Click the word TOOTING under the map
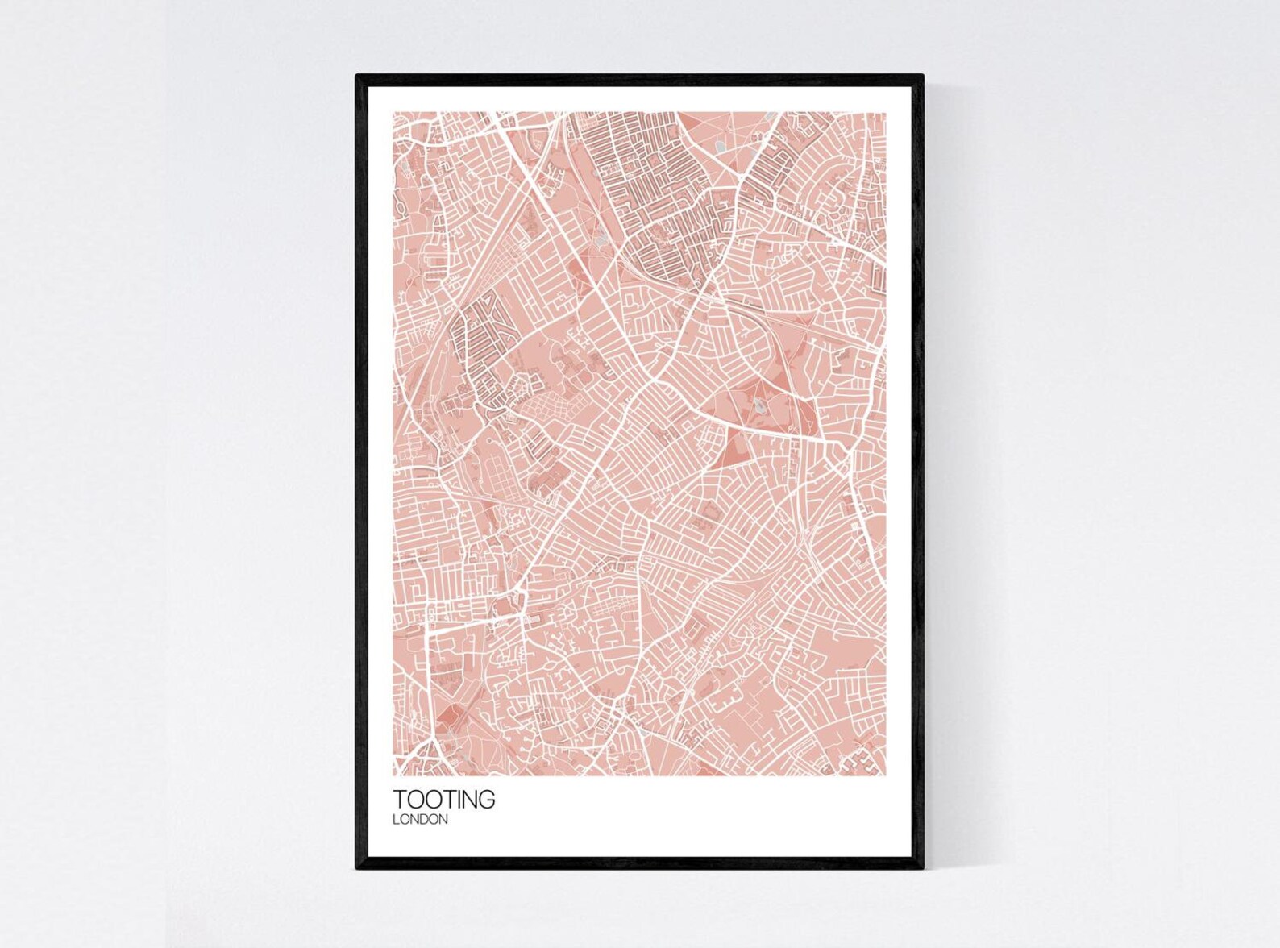point(443,800)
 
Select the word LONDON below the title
point(420,820)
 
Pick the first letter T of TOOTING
point(399,800)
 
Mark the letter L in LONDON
point(396,820)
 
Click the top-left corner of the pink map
point(393,113)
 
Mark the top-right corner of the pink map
point(885,113)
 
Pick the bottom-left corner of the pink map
point(393,775)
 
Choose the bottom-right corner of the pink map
point(885,775)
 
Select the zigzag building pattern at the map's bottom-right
point(861,760)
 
